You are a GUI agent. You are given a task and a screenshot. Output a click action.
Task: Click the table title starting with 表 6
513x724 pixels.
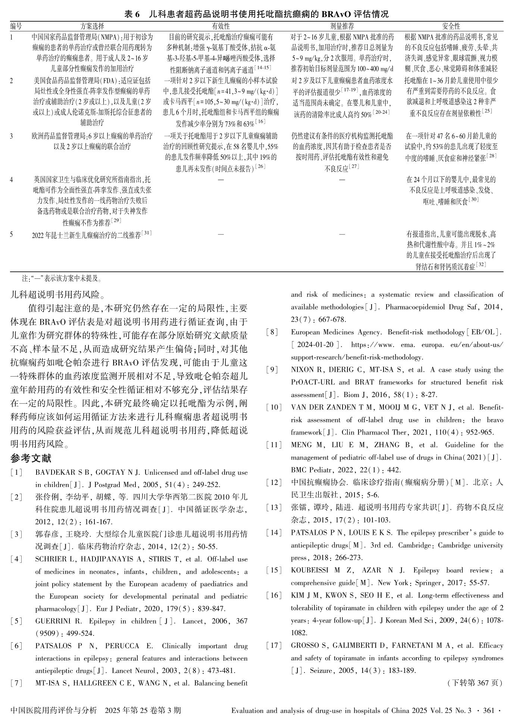pyautogui.click(x=256, y=14)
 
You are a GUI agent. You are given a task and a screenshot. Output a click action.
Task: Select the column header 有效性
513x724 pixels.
pyautogui.click(x=221, y=26)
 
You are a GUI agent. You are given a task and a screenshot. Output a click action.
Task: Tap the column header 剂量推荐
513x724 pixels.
pyautogui.click(x=342, y=26)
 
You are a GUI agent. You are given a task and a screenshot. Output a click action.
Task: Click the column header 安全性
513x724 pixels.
pyautogui.click(x=451, y=26)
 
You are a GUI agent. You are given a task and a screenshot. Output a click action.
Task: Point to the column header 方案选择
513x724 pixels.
pyautogui.click(x=92, y=26)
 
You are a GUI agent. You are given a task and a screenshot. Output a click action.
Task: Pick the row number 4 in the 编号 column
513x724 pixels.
pyautogui.click(x=12, y=180)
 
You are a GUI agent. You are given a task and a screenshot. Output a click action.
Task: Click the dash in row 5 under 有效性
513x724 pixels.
pyautogui.click(x=221, y=234)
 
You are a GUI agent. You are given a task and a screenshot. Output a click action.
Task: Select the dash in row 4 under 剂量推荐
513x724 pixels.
pyautogui.click(x=342, y=180)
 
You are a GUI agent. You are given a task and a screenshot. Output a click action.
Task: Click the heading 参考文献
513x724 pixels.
pyautogui.click(x=31, y=458)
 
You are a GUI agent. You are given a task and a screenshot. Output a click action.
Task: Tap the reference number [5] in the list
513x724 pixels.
pyautogui.click(x=16, y=621)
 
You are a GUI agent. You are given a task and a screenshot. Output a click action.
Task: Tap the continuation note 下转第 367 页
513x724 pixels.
pyautogui.click(x=474, y=683)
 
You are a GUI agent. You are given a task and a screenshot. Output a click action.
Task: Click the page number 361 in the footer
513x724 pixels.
pyautogui.click(x=489, y=711)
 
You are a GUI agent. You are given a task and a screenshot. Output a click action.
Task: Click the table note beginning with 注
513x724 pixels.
pyautogui.click(x=62, y=278)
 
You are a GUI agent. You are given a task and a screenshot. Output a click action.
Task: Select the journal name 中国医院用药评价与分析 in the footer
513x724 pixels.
pyautogui.click(x=54, y=711)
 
